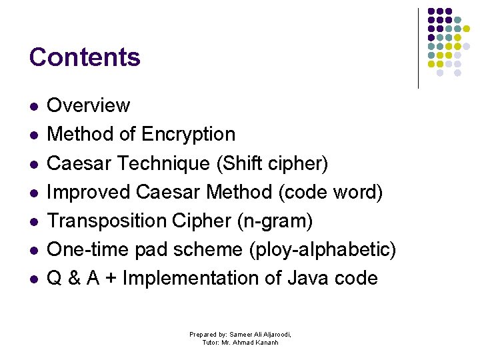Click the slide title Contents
point(85,57)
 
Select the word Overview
point(89,105)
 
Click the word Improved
point(89,192)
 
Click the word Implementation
point(193,278)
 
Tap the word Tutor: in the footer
point(213,343)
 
